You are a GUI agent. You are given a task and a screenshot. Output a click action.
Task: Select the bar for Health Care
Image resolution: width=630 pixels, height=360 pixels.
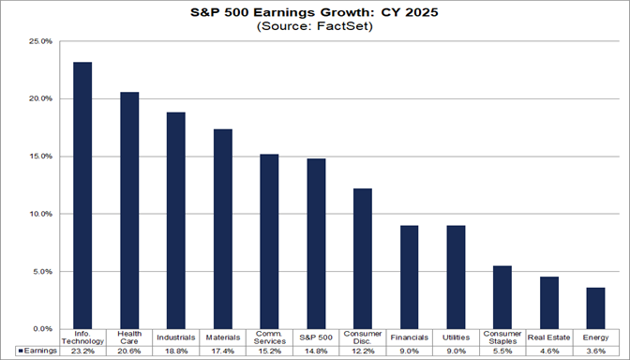(129, 210)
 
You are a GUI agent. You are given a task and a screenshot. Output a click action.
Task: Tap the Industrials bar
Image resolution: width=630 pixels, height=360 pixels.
(176, 220)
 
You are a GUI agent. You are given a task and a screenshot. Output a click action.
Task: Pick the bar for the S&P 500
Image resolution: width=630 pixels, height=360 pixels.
(316, 244)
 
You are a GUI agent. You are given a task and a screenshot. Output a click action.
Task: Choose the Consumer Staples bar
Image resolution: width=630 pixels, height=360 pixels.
(502, 297)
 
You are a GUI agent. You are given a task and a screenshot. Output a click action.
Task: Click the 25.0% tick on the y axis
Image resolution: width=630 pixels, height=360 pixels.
(40, 41)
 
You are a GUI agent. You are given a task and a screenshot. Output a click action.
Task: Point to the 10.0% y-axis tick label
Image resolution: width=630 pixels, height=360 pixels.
(40, 214)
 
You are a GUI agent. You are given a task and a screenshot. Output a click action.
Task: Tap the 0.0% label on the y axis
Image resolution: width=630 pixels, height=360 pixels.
(42, 329)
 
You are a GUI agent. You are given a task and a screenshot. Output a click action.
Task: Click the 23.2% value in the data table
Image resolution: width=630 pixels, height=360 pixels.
(82, 351)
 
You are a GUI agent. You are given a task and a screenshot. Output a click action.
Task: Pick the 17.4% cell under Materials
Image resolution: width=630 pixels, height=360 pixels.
(223, 351)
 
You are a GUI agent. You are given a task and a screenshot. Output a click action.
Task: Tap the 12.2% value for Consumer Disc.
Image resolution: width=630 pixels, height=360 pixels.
(363, 351)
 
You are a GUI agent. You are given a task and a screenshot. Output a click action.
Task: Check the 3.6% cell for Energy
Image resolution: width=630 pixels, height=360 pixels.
(595, 351)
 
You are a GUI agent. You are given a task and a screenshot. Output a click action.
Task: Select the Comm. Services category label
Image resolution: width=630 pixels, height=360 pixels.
(269, 337)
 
